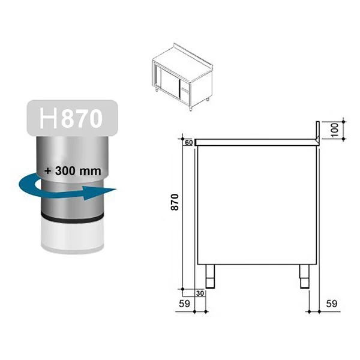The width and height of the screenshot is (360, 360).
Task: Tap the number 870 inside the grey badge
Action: pos(82,118)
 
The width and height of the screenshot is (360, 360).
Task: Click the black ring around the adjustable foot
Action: pos(72,217)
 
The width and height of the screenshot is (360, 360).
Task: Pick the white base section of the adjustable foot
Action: pos(72,237)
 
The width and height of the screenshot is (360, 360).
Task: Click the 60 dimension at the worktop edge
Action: pos(188,142)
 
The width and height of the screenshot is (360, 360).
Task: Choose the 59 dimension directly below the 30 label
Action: pos(187,303)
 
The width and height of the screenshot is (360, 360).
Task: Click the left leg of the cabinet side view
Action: pos(211,276)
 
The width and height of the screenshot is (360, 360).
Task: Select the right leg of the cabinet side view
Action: pos(304,276)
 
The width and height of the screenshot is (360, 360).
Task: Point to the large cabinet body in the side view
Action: pos(257,204)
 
